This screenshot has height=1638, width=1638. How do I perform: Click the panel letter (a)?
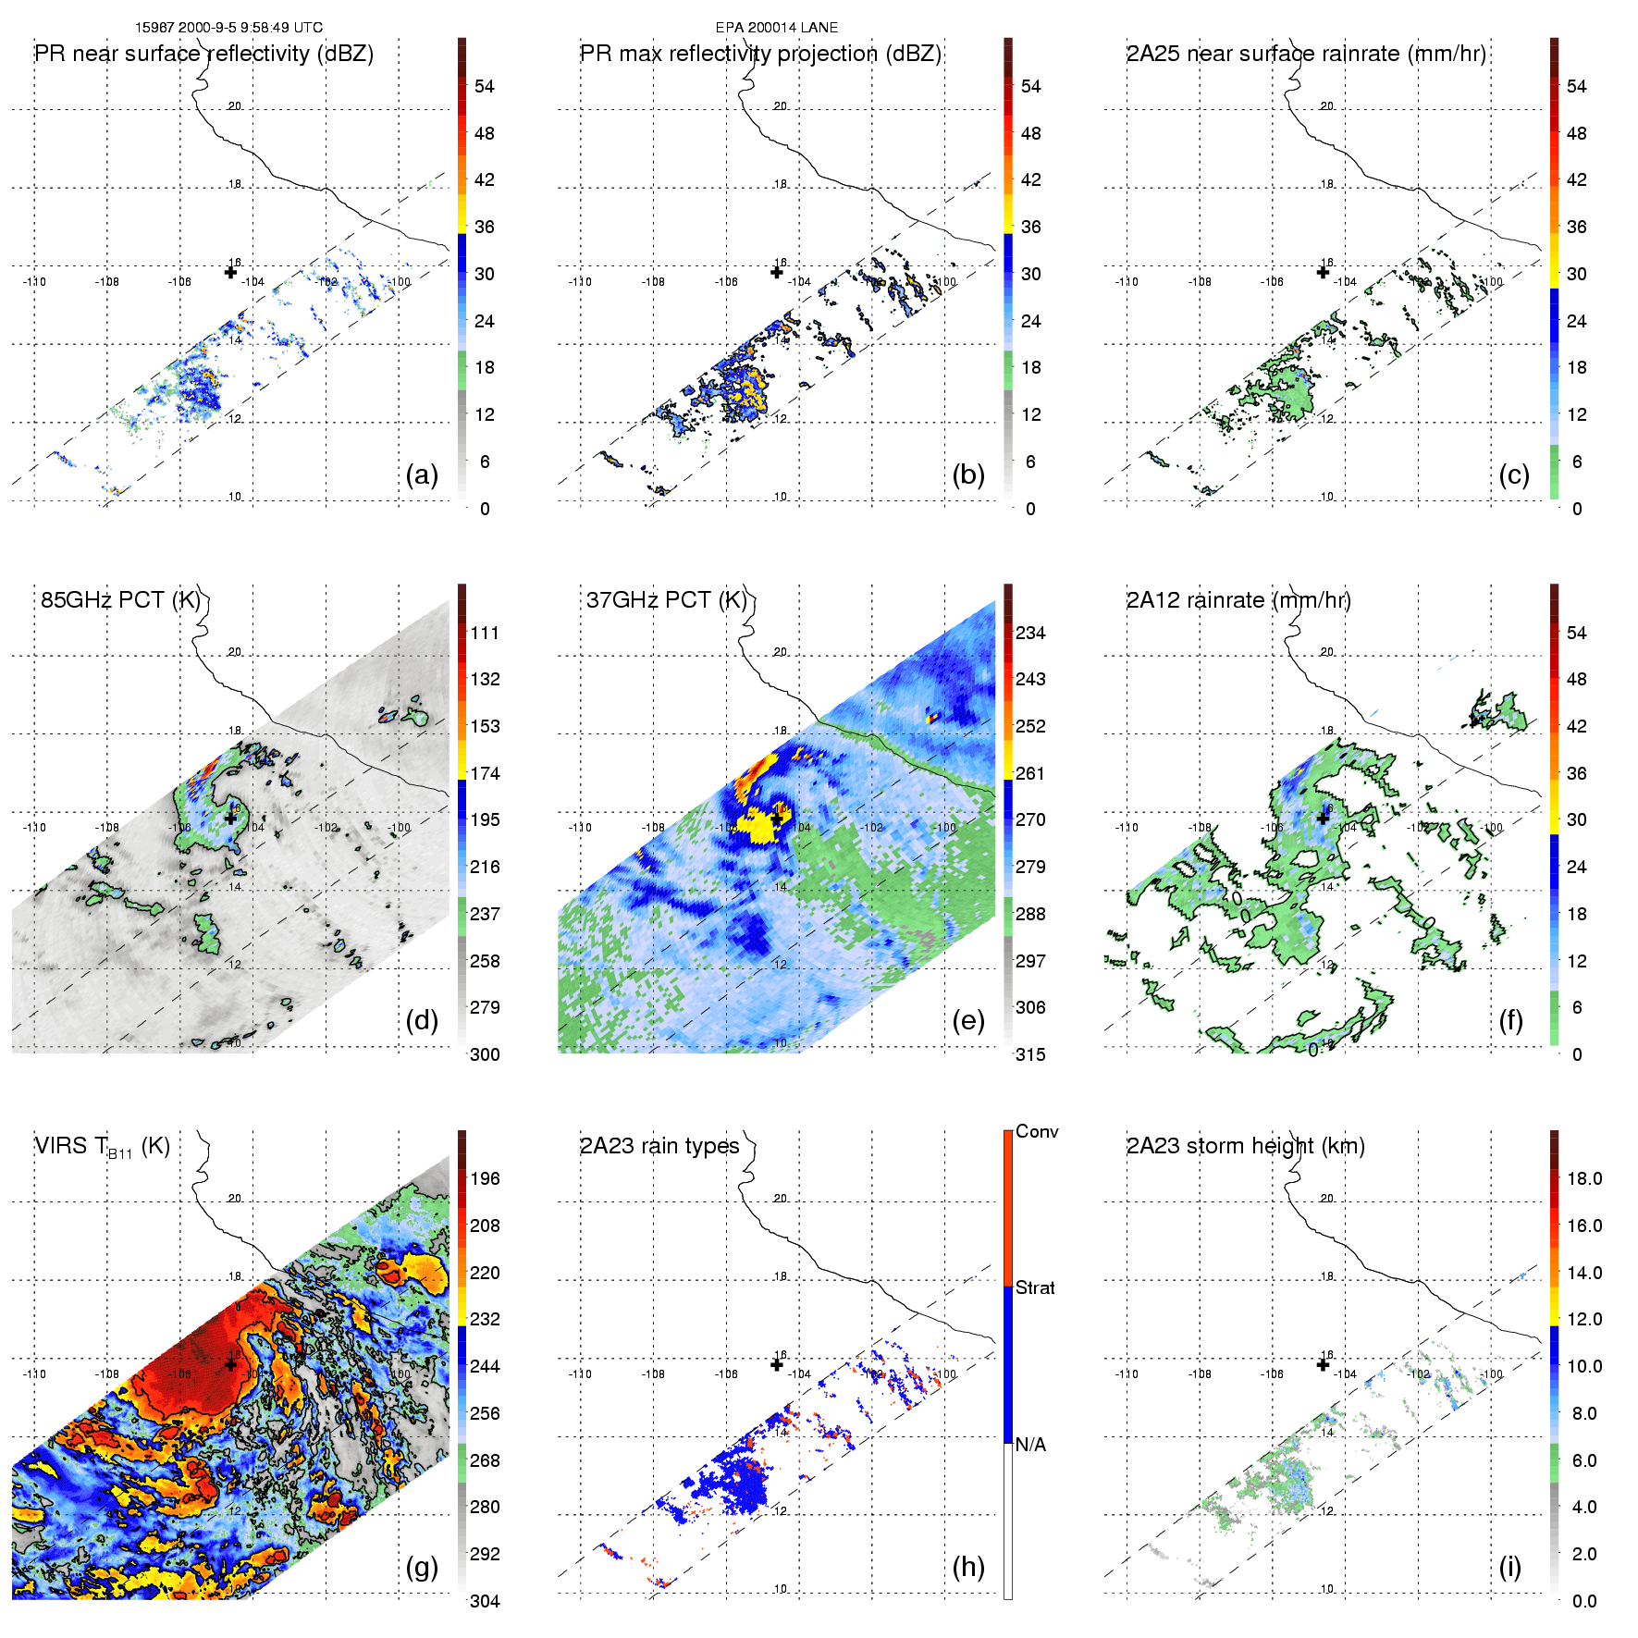[x=422, y=475]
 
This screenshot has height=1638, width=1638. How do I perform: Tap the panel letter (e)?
[x=967, y=1021]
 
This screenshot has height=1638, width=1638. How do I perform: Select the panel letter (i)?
[x=1509, y=1567]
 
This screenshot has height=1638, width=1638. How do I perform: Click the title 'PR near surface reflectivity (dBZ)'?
[x=204, y=54]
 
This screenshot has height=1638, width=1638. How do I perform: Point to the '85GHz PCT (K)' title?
[x=120, y=599]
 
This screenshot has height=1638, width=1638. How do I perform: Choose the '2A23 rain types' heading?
[x=659, y=1146]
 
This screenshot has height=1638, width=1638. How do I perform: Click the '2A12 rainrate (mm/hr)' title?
[x=1238, y=600]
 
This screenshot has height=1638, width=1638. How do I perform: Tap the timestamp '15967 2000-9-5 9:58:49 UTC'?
[x=229, y=28]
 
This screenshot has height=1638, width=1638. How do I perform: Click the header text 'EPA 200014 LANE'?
[x=777, y=28]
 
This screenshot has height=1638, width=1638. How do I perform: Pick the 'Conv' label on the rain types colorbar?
[x=1037, y=1131]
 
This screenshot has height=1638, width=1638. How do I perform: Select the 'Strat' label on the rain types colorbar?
[x=1035, y=1287]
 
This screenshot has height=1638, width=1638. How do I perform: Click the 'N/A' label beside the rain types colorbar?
[x=1030, y=1445]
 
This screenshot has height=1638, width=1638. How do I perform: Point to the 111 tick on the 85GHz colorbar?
[x=485, y=633]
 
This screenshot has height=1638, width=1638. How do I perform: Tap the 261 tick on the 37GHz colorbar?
[x=1030, y=773]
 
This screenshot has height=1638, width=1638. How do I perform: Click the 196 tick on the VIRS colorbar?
[x=485, y=1178]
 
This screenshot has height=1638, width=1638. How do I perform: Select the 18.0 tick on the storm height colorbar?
[x=1584, y=1178]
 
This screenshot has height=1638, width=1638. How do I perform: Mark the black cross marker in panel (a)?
[x=230, y=272]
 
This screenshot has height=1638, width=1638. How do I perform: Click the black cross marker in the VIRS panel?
[x=230, y=1364]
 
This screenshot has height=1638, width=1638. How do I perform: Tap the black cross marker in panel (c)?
[x=1323, y=272]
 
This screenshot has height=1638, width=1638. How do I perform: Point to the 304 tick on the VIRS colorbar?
[x=485, y=1601]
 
